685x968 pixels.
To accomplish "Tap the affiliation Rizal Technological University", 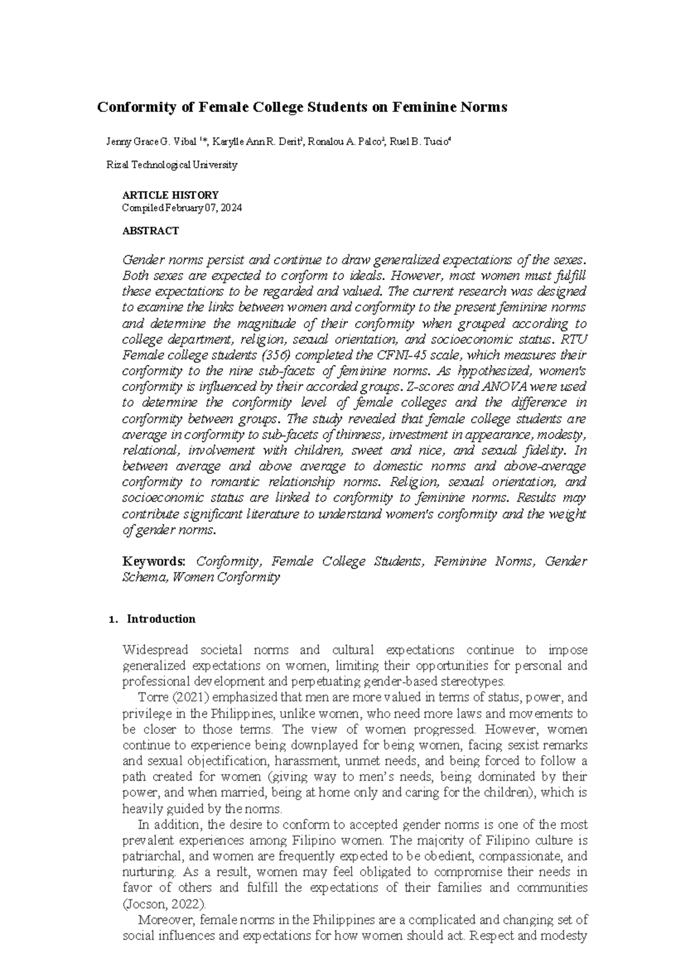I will click(172, 165).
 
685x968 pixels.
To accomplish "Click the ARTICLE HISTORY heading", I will click(170, 195).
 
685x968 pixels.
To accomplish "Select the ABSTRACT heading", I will click(151, 231).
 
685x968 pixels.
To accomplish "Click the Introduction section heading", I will click(161, 619).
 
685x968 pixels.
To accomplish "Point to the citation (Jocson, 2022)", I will click(165, 904).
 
